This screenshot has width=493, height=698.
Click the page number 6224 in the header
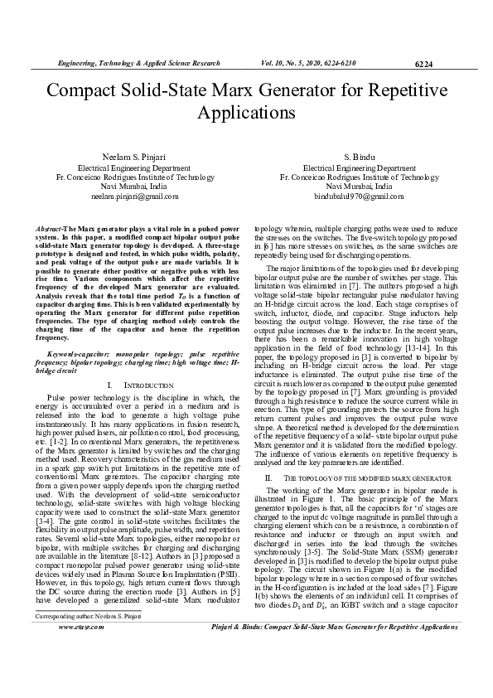423,63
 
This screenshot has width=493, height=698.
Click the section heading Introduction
141,385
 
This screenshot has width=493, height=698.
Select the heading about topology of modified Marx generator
362,478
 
